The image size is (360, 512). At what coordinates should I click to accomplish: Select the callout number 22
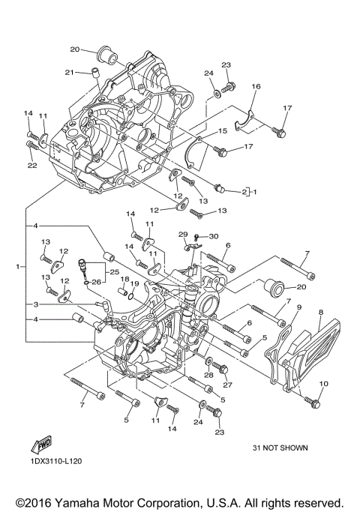[x=32, y=166]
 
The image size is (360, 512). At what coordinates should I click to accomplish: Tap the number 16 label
[x=256, y=88]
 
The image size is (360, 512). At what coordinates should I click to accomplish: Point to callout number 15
[x=223, y=131]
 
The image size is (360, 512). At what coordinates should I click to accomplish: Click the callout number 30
[x=214, y=236]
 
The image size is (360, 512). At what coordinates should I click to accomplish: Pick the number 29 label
[x=181, y=235]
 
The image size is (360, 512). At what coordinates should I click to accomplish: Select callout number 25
[x=114, y=271]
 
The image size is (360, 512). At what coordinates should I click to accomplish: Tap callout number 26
[x=96, y=282]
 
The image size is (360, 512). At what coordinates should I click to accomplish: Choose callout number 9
[x=298, y=307]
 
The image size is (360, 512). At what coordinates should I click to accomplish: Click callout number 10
[x=324, y=384]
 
